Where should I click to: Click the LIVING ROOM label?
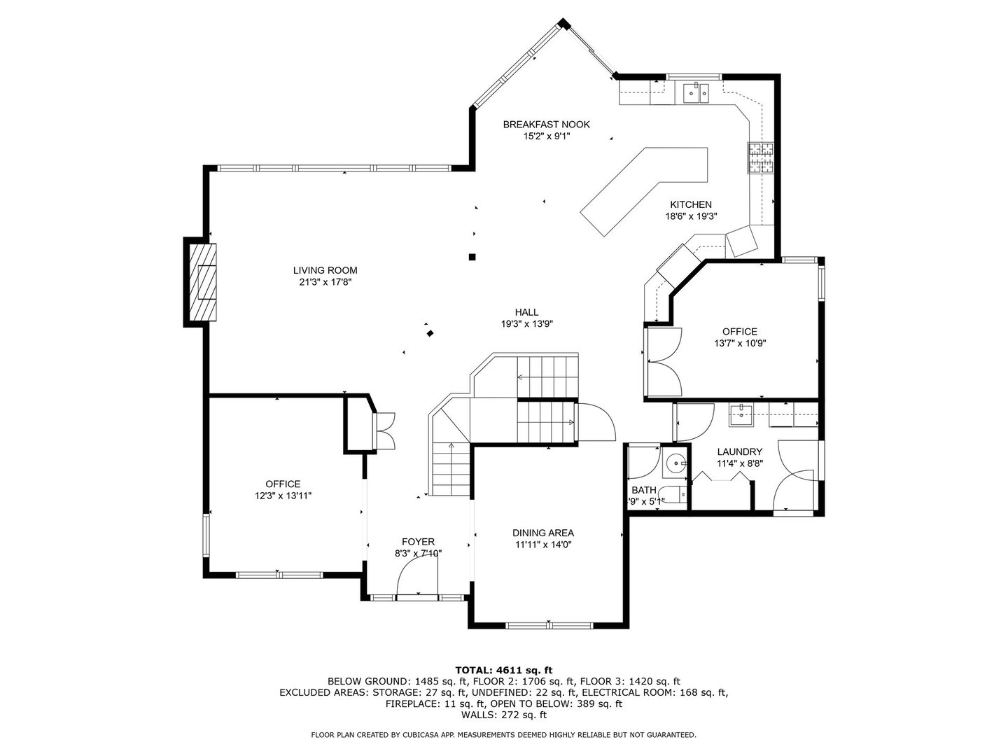[325, 270]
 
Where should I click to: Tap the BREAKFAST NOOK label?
[546, 125]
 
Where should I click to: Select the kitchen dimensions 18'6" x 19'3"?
[691, 216]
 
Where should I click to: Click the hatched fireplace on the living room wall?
[204, 283]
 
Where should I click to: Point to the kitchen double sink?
[695, 94]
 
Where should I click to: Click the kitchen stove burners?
[760, 158]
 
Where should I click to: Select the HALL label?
[526, 312]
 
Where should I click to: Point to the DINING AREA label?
[542, 533]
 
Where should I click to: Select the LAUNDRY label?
[739, 451]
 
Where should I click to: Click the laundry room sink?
[741, 415]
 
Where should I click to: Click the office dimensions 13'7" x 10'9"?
[740, 343]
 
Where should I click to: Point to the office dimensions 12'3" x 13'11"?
[283, 496]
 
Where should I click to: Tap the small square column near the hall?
[472, 257]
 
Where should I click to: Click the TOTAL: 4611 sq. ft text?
[504, 670]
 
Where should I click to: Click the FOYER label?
[418, 542]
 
